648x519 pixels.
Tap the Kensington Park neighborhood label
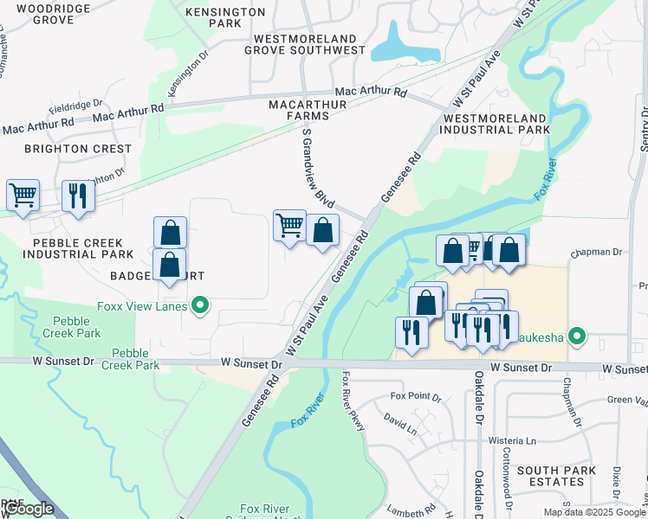point(225,18)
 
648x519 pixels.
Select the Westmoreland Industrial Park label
point(496,123)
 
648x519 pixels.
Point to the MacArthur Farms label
point(310,110)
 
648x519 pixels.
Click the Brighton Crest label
point(78,149)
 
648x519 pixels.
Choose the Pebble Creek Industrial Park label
point(78,248)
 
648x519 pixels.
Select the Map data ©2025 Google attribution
point(594,512)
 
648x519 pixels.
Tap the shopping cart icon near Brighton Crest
point(23,195)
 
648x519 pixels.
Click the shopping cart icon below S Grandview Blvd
point(289,225)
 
